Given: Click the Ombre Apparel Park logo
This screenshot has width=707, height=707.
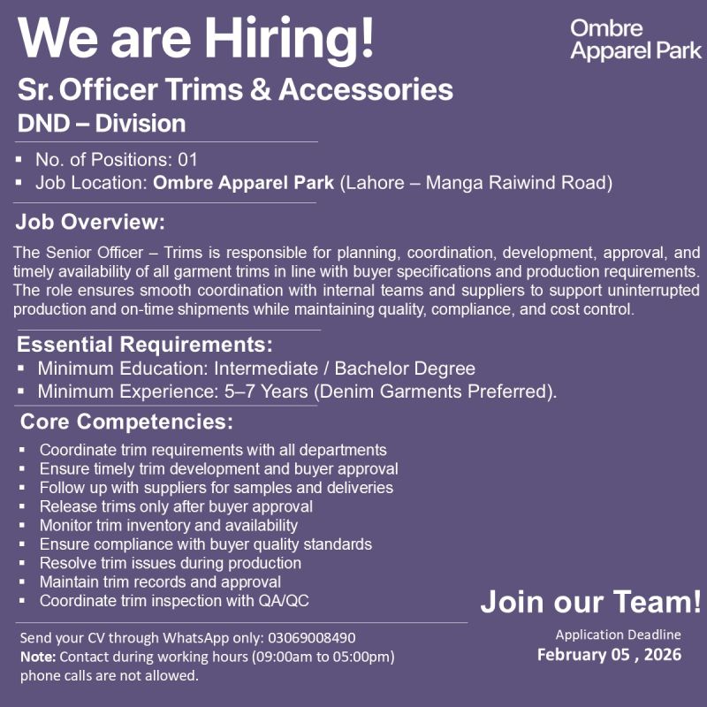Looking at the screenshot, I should coord(635,40).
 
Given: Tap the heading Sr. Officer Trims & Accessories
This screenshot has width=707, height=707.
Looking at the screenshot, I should coord(235,89).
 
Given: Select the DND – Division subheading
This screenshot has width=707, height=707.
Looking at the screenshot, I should coord(102,123).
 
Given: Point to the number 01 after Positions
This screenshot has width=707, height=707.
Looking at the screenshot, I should coord(187,161).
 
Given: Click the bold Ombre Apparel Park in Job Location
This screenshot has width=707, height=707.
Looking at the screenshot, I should coord(244,184).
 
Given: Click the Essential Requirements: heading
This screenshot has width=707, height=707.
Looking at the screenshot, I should coord(145,344).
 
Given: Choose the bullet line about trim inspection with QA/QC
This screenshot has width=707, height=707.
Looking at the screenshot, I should coord(174,601).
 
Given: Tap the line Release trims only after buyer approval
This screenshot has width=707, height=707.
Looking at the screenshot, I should coord(176,506).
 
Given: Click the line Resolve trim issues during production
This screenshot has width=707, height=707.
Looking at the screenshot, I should coord(171,563).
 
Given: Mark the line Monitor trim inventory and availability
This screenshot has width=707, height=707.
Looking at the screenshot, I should coord(169,525).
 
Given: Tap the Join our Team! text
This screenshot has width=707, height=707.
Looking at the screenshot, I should coord(590,603).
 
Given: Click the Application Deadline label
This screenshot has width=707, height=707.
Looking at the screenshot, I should coord(618,635).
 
